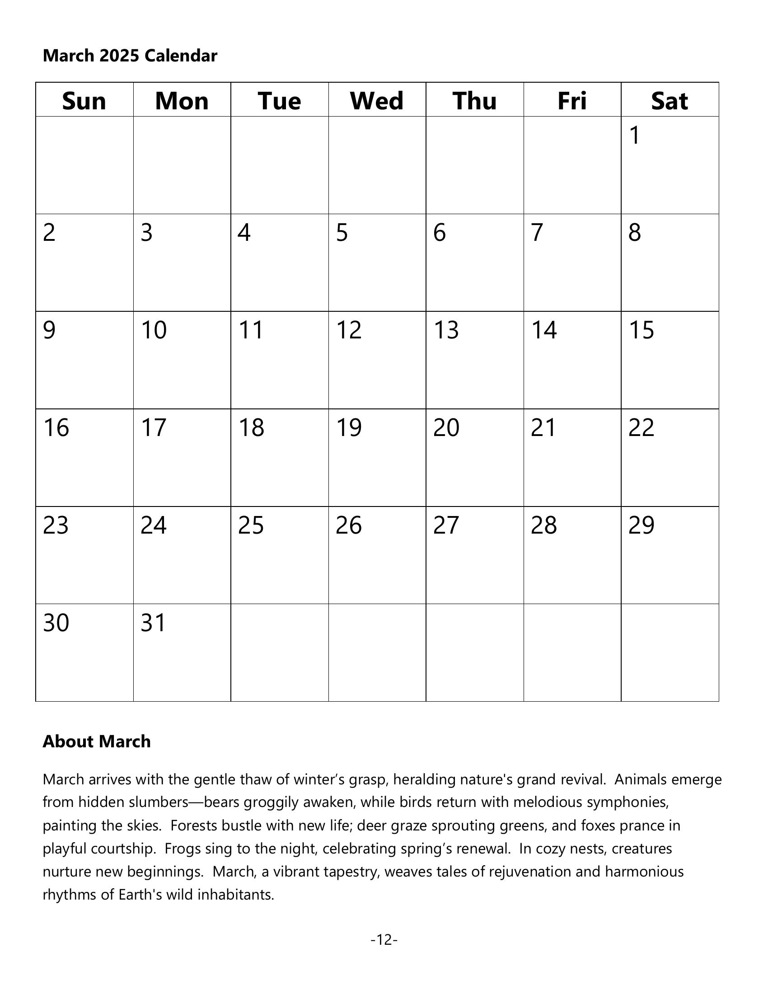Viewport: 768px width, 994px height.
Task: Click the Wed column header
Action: tap(377, 101)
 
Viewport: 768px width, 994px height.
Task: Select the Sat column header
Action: tap(669, 101)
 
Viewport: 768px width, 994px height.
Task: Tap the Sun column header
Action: tap(84, 101)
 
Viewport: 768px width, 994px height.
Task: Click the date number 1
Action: tap(635, 135)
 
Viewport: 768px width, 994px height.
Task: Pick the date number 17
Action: tap(154, 427)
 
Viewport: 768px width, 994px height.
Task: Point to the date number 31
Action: tap(153, 623)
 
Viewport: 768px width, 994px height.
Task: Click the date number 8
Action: tap(635, 233)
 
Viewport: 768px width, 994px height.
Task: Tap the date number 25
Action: tap(251, 525)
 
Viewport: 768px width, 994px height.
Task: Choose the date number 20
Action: tap(446, 427)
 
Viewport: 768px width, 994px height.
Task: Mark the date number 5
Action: tap(342, 233)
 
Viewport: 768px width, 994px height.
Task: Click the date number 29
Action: tap(642, 525)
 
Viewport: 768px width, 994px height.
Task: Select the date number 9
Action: tap(49, 330)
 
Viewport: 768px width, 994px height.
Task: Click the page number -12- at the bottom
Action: tap(384, 939)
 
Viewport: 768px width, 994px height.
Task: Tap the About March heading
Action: tap(97, 741)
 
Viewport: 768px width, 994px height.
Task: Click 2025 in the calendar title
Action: tap(119, 56)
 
